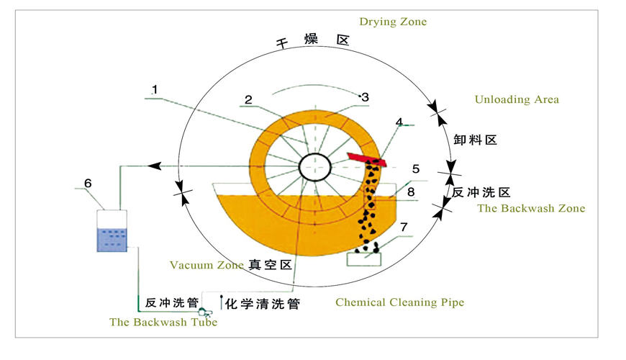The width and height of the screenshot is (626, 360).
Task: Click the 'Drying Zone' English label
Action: pyautogui.click(x=393, y=22)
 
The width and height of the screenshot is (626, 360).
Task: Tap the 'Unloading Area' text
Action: pyautogui.click(x=516, y=99)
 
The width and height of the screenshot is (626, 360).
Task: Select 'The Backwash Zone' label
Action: pyautogui.click(x=531, y=209)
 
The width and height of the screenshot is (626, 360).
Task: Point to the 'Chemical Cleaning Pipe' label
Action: pyautogui.click(x=399, y=302)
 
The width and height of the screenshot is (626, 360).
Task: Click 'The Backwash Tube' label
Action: pyautogui.click(x=163, y=322)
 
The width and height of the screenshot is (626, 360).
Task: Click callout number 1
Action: pyautogui.click(x=155, y=90)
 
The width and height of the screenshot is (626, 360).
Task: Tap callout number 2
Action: pyautogui.click(x=248, y=100)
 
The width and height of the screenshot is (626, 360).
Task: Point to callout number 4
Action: pyautogui.click(x=399, y=123)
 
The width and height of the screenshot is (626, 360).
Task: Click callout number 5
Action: pyautogui.click(x=416, y=168)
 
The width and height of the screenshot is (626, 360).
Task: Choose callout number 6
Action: pyautogui.click(x=88, y=184)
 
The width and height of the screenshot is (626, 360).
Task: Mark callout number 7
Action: pyautogui.click(x=404, y=228)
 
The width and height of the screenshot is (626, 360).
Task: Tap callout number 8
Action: pyautogui.click(x=411, y=192)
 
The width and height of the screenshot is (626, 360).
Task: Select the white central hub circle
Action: pyautogui.click(x=315, y=168)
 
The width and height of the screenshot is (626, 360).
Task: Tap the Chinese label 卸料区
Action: pyautogui.click(x=476, y=140)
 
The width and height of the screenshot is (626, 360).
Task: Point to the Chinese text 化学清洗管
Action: pyautogui.click(x=262, y=304)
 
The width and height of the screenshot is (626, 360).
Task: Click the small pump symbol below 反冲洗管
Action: pyautogui.click(x=204, y=312)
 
